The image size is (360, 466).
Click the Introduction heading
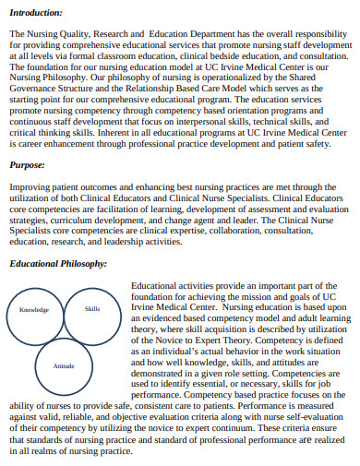pos(36,13)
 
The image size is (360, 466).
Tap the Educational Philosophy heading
pos(57,264)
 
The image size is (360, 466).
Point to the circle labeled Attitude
pos(64,366)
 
